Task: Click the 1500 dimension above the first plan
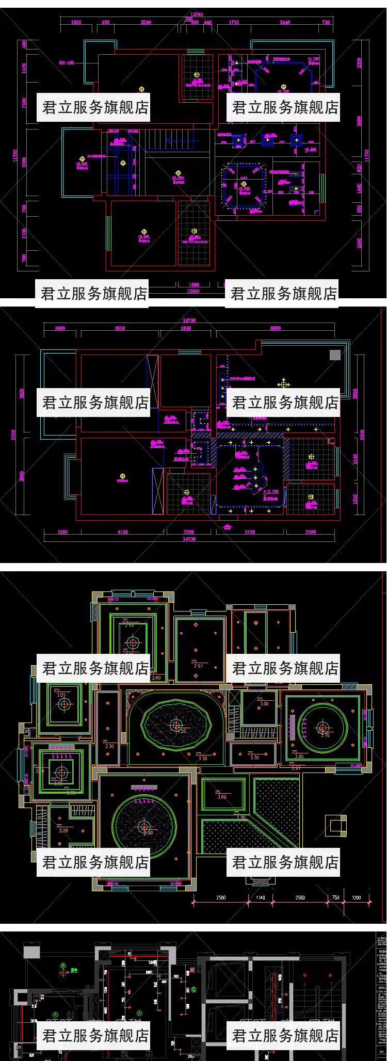pyautogui.click(x=76, y=22)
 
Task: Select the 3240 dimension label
pyautogui.click(x=146, y=22)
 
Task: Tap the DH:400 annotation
pyautogui.click(x=66, y=63)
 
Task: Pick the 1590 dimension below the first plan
pyautogui.click(x=193, y=284)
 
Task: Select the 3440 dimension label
pyautogui.click(x=285, y=22)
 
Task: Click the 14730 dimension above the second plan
pyautogui.click(x=189, y=320)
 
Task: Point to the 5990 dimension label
pyautogui.click(x=276, y=328)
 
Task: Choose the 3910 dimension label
pyautogui.click(x=120, y=328)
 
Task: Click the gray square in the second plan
pyautogui.click(x=335, y=355)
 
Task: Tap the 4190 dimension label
pyautogui.click(x=122, y=532)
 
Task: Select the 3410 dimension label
pyautogui.click(x=250, y=532)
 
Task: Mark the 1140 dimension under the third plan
pyautogui.click(x=261, y=897)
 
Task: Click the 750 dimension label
pyautogui.click(x=335, y=897)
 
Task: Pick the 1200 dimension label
pyautogui.click(x=357, y=897)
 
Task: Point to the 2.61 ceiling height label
pyautogui.click(x=198, y=666)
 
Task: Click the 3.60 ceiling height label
pyautogui.click(x=222, y=797)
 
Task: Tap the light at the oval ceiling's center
pyautogui.click(x=176, y=726)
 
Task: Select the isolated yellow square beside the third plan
pyautogui.click(x=335, y=826)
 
